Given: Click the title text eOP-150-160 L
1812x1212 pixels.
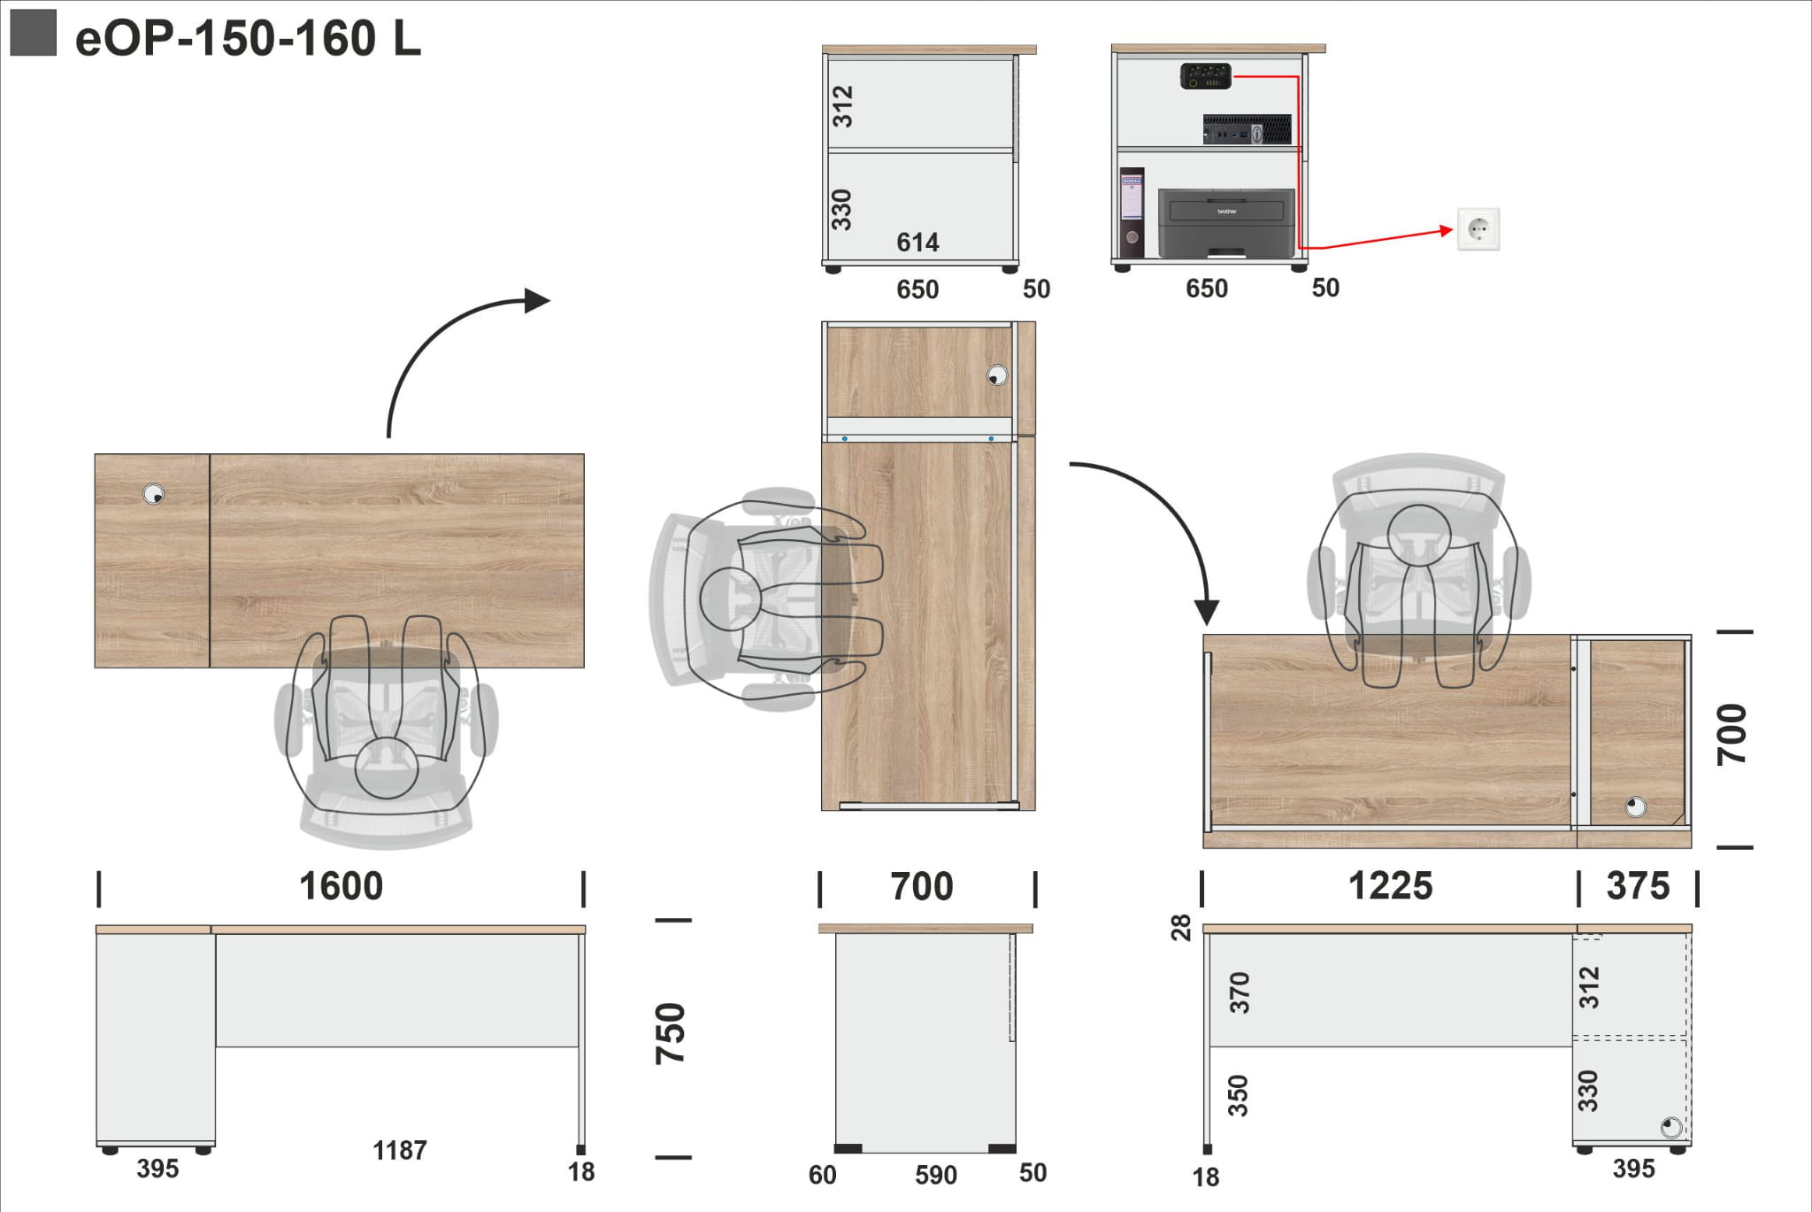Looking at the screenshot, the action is pos(248,38).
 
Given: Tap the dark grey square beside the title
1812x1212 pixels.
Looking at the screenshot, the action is pos(33,33).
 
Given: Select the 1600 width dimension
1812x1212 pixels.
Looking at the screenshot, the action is pos(341,886).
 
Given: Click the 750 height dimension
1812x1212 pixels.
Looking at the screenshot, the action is pos(671,1033).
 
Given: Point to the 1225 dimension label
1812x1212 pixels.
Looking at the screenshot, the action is pos(1390,886).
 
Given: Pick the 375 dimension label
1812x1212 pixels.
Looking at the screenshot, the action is pos(1638,886).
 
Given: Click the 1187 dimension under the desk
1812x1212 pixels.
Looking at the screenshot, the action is pos(400,1150).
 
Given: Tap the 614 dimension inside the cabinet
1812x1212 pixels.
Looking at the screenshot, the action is pos(918,242).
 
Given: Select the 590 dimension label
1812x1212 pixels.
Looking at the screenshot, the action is pos(936,1175).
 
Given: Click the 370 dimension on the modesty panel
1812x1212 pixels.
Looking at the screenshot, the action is pos(1240,992).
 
